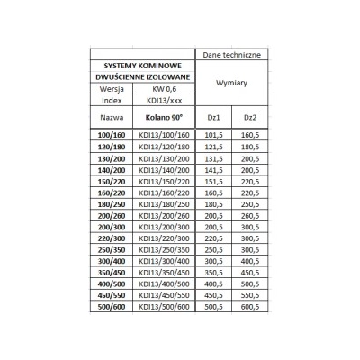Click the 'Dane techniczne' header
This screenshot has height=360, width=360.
click(231, 54)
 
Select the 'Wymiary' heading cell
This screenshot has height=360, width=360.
click(231, 82)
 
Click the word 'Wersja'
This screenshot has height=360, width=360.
click(112, 88)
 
